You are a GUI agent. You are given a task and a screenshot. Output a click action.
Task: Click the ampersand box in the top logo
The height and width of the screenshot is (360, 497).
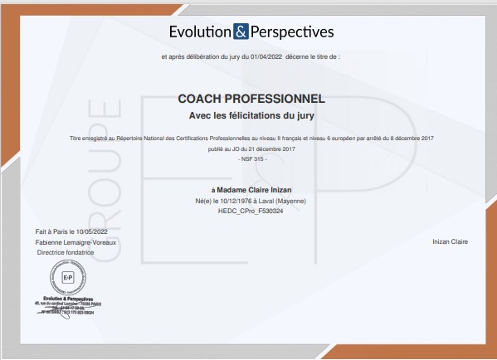(x=241, y=32)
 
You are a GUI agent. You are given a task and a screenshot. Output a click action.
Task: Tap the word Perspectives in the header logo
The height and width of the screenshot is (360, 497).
(x=291, y=32)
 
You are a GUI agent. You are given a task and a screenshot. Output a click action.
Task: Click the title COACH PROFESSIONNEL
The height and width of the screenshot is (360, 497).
(x=251, y=99)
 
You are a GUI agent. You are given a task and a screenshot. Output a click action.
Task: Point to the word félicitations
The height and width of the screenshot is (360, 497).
(x=253, y=114)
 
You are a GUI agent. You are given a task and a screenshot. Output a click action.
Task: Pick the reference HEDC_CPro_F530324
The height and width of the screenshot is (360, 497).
(x=250, y=211)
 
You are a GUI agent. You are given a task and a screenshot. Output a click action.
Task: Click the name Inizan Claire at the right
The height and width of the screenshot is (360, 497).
(x=451, y=241)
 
